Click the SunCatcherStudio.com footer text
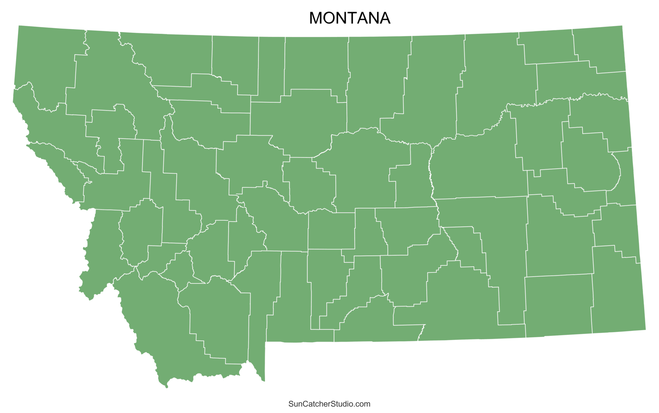[329, 404]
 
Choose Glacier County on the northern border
[170, 59]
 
